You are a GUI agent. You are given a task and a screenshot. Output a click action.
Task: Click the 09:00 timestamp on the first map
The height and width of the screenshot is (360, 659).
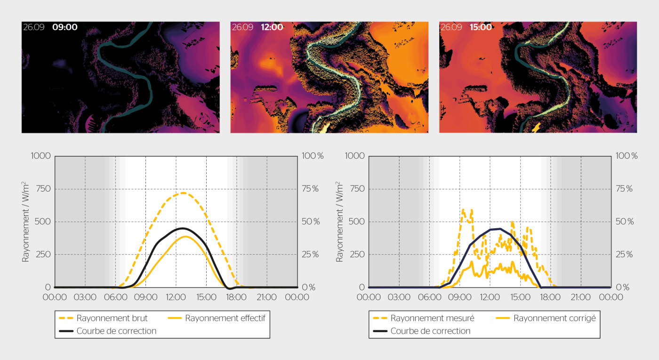[x=64, y=27]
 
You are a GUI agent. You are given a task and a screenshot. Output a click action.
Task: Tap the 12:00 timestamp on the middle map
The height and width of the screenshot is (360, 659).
[x=272, y=27]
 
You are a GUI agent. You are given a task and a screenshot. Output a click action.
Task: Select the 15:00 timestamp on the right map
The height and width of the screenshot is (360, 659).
[x=481, y=27]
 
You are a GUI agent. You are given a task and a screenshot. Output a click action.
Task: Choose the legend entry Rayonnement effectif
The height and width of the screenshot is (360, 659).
[x=225, y=318]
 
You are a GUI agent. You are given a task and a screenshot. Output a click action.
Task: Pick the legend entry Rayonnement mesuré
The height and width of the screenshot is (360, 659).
[x=432, y=318]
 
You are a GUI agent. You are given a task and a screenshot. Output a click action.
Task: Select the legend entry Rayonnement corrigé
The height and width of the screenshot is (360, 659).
[x=555, y=318]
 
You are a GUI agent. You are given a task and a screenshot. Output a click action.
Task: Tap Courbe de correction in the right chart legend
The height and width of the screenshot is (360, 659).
[x=430, y=331]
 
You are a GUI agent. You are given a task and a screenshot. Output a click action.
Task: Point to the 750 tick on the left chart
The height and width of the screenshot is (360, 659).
[x=41, y=189]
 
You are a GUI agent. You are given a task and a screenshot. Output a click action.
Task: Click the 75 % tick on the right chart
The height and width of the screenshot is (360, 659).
[x=627, y=189]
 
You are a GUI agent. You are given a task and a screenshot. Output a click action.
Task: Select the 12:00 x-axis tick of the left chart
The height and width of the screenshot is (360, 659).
[x=176, y=297]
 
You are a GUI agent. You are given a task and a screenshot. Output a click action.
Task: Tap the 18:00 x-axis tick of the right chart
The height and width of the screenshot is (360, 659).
[x=550, y=297]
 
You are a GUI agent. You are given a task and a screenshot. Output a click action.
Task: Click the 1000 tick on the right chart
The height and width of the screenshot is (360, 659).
[x=354, y=156]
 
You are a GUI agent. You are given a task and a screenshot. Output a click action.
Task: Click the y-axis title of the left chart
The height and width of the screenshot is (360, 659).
[x=25, y=222]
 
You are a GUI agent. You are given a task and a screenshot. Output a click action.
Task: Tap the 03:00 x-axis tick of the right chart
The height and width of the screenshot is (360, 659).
[x=399, y=297]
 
